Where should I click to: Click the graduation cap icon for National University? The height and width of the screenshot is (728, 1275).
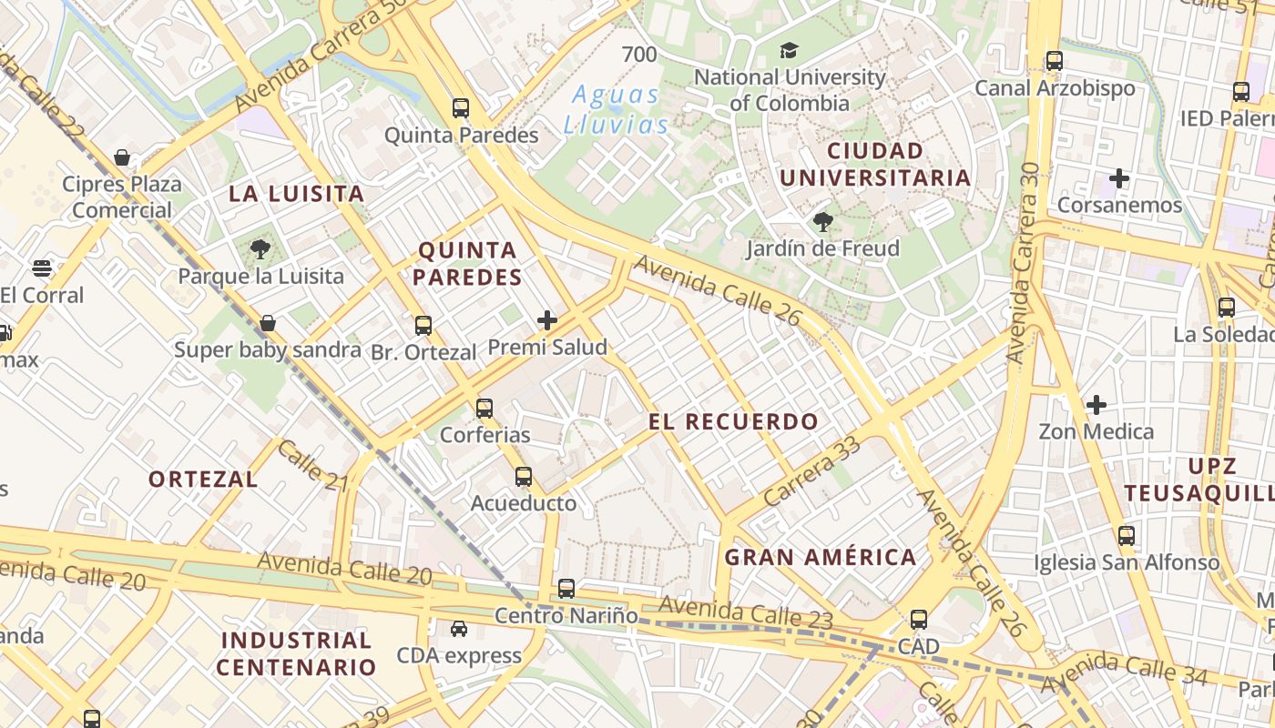tap(789, 50)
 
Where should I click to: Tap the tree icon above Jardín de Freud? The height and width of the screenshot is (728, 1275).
tap(822, 221)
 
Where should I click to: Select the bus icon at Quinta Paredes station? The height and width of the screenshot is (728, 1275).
tap(461, 108)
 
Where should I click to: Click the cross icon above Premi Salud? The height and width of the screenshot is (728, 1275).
tap(547, 319)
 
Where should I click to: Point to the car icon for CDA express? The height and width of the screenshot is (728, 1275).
tap(459, 629)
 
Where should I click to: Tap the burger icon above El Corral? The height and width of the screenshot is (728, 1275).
tap(42, 268)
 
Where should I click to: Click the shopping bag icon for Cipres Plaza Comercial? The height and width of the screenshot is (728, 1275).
tap(122, 157)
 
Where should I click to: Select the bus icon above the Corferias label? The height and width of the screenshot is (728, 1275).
tap(484, 408)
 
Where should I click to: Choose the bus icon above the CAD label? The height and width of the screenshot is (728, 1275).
tap(919, 620)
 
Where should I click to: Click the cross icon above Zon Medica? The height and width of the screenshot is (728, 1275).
tap(1096, 404)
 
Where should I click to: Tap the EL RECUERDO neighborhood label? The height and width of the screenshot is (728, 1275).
tap(733, 421)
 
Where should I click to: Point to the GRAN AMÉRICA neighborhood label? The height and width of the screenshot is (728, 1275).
tap(821, 557)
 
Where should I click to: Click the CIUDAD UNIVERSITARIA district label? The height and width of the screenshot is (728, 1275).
tap(875, 164)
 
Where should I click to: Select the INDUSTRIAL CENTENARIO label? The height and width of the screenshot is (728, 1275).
tap(296, 653)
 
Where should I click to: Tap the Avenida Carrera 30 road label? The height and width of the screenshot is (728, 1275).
tap(1024, 264)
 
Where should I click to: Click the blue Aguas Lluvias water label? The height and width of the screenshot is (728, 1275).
tap(616, 109)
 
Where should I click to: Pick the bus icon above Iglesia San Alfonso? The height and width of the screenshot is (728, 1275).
tap(1127, 535)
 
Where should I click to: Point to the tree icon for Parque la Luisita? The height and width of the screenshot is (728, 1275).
tap(260, 248)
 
